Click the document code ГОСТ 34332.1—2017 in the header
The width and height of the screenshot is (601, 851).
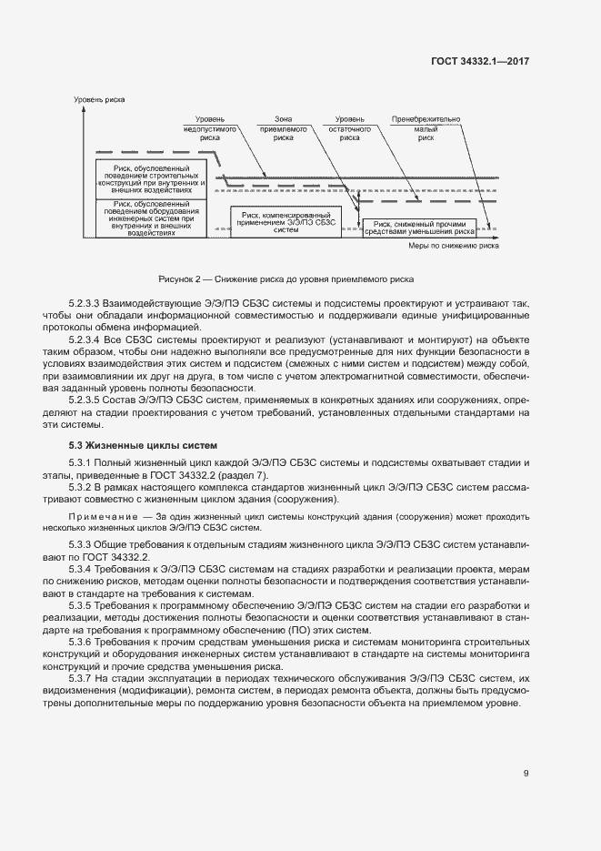(480, 61)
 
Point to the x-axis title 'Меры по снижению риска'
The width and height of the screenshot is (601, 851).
(453, 245)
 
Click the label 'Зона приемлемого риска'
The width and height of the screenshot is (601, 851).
(283, 130)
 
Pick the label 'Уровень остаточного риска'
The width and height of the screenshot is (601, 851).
(350, 130)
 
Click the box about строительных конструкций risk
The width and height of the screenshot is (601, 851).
(151, 179)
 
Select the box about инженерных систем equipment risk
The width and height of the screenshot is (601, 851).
(151, 218)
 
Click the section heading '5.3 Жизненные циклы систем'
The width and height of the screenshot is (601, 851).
(144, 446)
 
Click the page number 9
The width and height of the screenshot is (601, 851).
(526, 773)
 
